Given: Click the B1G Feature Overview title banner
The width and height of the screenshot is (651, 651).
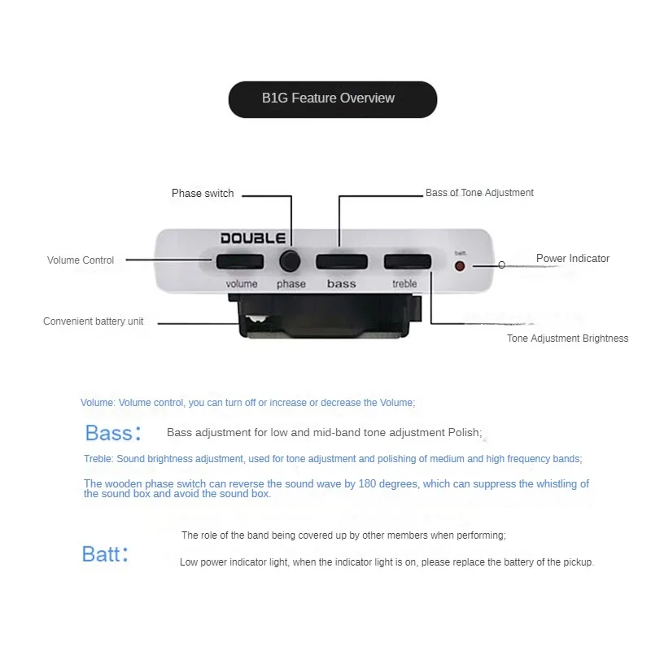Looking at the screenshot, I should point(332,99).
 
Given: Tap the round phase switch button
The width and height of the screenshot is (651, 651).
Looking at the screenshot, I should point(290,261).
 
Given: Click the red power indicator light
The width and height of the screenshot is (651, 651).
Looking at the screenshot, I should point(460,265).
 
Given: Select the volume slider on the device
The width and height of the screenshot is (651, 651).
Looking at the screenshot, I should point(240,261).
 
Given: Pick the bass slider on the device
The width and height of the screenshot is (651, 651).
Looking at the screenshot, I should point(341,261).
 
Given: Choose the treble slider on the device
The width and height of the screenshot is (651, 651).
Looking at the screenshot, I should point(407,261).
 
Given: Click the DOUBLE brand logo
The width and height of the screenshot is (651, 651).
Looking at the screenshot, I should point(253,238).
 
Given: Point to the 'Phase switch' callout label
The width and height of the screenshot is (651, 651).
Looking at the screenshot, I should point(203,194).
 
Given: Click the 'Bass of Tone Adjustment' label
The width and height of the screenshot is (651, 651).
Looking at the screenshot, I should point(479,193).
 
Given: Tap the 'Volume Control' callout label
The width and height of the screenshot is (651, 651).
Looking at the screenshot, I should point(81,260).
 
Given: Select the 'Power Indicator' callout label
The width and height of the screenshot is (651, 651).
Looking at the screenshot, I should point(572,259).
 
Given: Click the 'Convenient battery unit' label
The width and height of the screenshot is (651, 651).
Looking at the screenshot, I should point(93,321).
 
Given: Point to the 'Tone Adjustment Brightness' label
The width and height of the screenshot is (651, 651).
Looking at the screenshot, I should point(567,339).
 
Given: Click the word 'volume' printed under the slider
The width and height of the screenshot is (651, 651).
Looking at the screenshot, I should point(242,284).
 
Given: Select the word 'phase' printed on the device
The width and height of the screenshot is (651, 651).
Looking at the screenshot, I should point(291,284).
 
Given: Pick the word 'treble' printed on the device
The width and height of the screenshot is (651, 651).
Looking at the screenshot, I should point(404,284).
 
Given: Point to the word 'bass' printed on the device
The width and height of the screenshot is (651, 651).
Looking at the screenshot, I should point(342,284).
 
